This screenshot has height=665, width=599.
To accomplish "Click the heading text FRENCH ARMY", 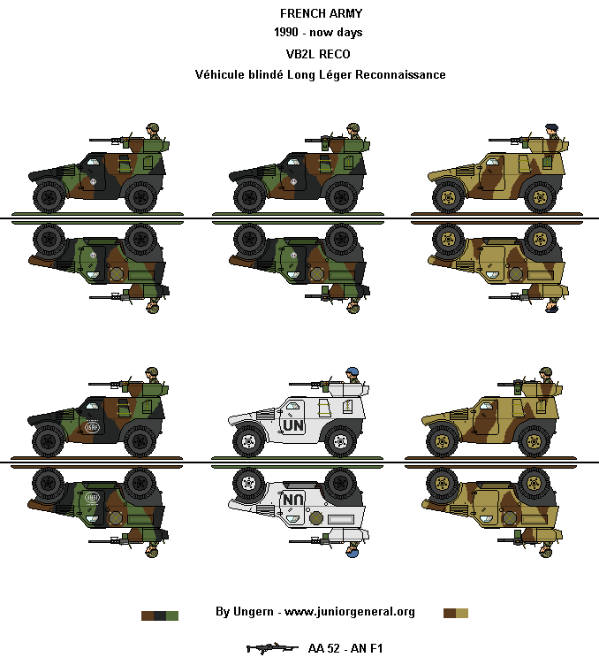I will click(320, 13).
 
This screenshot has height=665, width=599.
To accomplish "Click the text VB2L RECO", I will click(320, 54).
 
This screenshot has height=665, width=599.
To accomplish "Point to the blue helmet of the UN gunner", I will click(353, 371).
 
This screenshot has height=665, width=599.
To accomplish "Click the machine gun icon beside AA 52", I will click(271, 648).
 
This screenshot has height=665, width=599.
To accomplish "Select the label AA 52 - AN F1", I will click(346, 649).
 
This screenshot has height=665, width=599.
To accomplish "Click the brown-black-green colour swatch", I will click(160, 615).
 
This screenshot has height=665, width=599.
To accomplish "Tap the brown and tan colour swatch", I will click(456, 613).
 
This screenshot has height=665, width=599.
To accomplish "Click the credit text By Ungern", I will click(244, 612).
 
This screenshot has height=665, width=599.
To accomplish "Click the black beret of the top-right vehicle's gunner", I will click(552, 126).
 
